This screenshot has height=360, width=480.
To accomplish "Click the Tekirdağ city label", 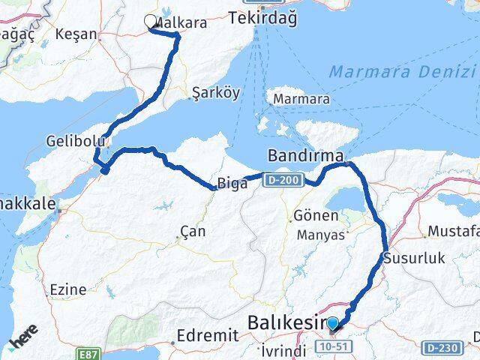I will pos(263,17).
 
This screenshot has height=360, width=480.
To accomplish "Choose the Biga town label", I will pos(232,183).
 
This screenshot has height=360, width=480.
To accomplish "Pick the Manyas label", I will pos(319,235).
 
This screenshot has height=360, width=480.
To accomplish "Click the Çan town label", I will pos(193,232).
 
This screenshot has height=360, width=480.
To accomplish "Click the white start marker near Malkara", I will pos(151,23).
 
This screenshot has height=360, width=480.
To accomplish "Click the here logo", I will pos(23,342).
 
